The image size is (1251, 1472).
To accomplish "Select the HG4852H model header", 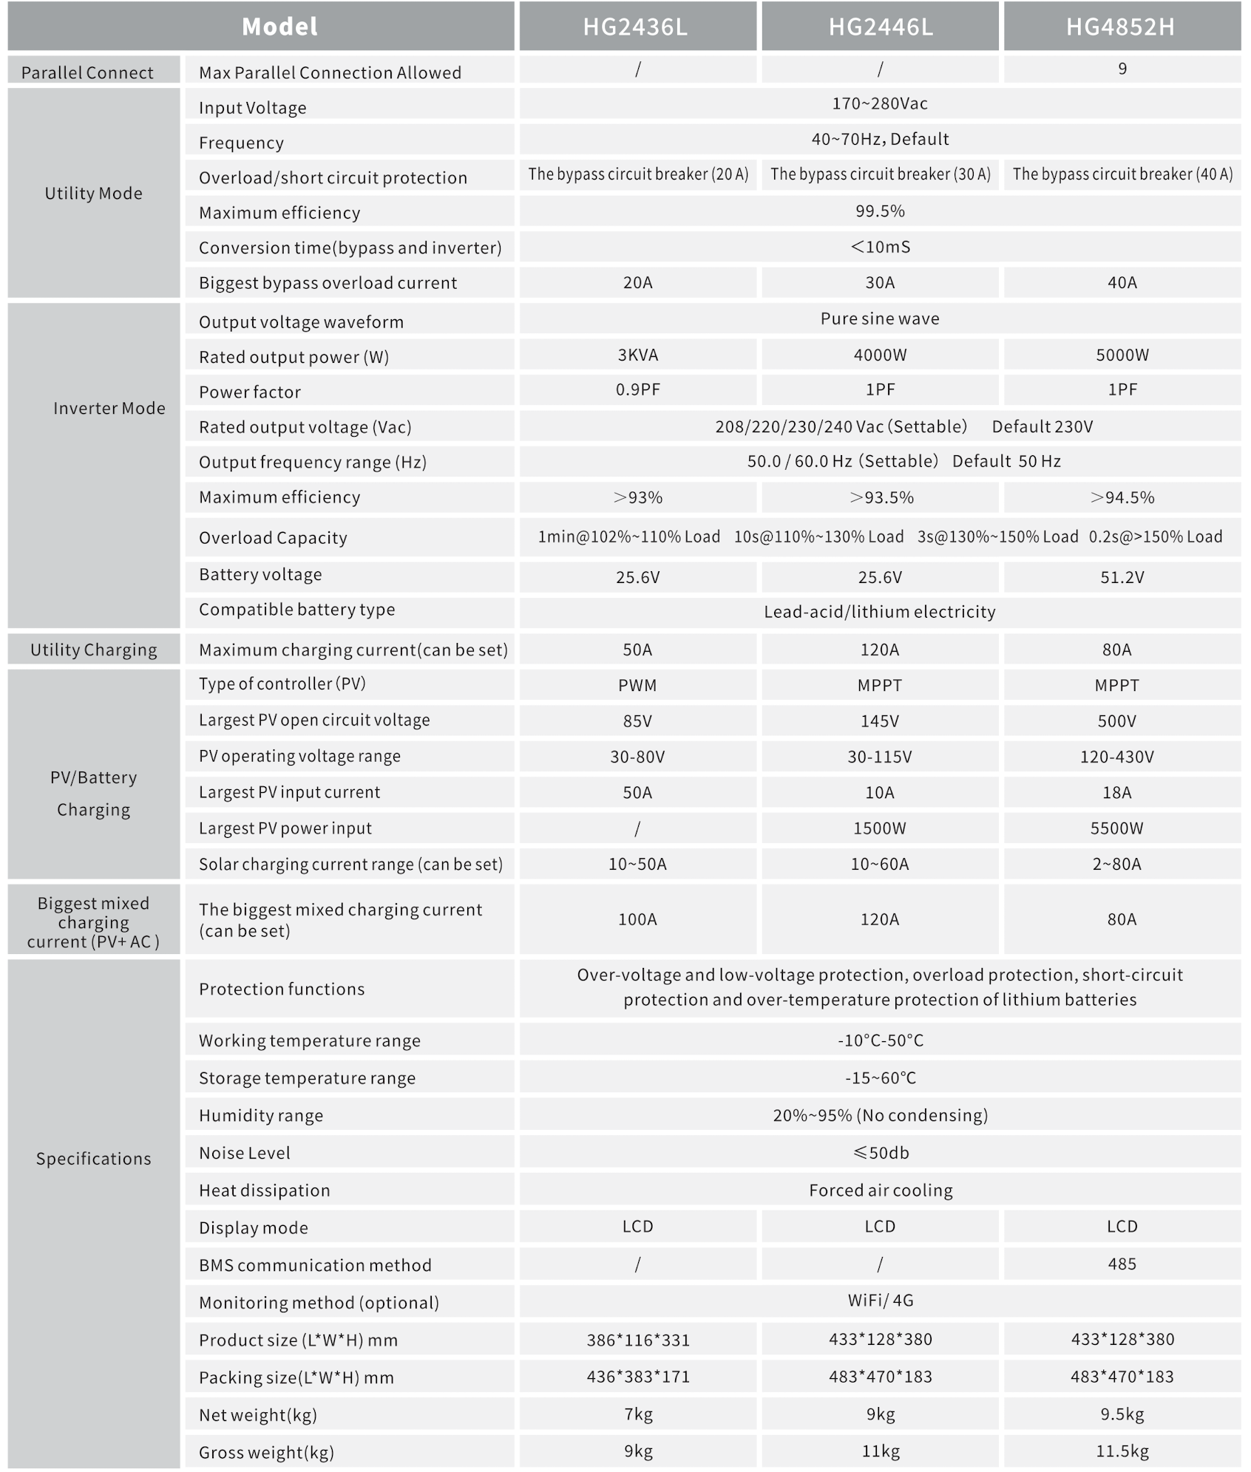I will [1120, 27].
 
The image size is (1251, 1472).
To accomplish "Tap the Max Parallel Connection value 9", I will [1122, 69].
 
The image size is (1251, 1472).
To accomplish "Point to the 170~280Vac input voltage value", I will [879, 103].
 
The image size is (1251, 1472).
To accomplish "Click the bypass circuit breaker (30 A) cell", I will [880, 174].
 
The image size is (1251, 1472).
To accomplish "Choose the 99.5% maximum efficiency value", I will [879, 211].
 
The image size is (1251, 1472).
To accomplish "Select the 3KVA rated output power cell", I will [637, 355].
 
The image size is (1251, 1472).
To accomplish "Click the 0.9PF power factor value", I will [637, 389].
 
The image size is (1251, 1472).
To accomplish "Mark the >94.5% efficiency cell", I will [1122, 497].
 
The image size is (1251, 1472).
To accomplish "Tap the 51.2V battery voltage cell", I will [1122, 577].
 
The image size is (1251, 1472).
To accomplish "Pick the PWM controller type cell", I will [637, 685].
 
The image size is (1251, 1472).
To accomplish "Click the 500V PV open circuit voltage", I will [1116, 721].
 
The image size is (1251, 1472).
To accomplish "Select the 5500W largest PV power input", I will [1116, 828].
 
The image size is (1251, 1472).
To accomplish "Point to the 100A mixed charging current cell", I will [637, 919].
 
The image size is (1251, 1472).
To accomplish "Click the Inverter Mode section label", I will [109, 409].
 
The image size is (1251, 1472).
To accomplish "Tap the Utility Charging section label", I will [94, 650].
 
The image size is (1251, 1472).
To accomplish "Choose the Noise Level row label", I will [245, 1153].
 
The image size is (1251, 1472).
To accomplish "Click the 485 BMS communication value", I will [1122, 1264].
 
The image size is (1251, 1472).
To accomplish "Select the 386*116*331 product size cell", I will [637, 1340].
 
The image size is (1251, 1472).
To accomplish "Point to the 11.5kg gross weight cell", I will [1122, 1451].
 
